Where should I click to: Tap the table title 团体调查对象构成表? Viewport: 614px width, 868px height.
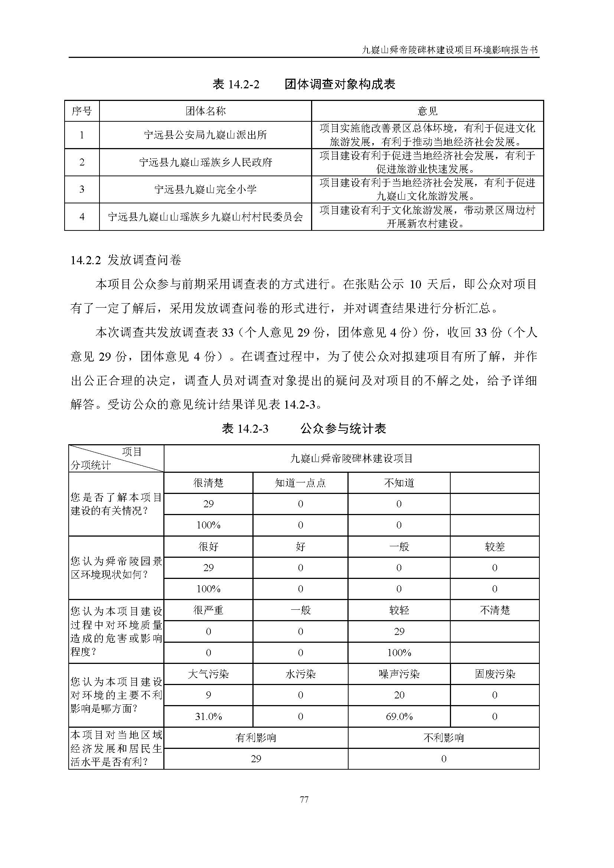(x=340, y=84)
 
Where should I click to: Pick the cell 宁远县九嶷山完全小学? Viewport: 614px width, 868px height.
(x=205, y=189)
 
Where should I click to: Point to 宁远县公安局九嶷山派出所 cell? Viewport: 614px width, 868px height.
(x=205, y=135)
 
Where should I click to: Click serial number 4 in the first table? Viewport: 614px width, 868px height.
(x=82, y=217)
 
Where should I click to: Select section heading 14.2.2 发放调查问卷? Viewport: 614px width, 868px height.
(x=126, y=260)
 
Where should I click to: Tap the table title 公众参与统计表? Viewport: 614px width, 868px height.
(x=343, y=429)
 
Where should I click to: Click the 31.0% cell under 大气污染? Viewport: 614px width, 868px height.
(x=208, y=716)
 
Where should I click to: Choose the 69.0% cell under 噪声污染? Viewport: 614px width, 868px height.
(x=399, y=716)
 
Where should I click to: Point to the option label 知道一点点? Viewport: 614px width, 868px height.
(x=300, y=483)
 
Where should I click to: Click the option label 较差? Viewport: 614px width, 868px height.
(x=494, y=547)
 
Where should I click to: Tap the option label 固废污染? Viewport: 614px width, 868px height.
(x=494, y=674)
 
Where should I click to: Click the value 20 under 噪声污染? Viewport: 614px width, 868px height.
(x=399, y=695)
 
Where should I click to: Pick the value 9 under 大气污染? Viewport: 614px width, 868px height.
(x=208, y=695)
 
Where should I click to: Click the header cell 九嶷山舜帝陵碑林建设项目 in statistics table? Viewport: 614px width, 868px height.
(x=351, y=459)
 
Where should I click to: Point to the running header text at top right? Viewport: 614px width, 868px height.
(x=450, y=50)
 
